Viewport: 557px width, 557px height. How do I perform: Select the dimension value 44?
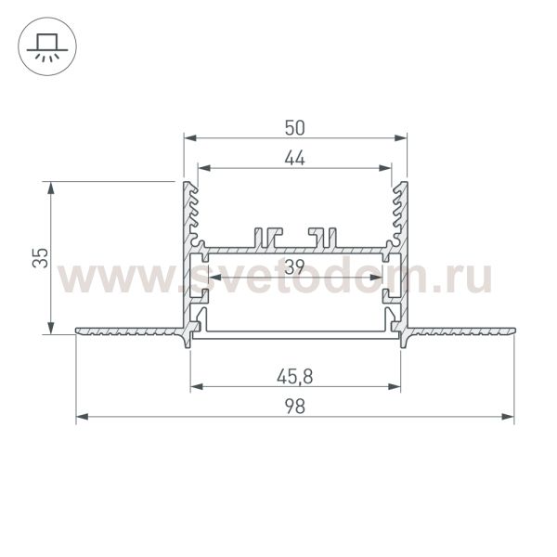point(295,158)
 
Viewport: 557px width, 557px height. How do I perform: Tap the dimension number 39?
point(295,267)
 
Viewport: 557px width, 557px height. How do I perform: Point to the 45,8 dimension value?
point(295,375)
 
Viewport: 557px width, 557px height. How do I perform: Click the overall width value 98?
point(295,406)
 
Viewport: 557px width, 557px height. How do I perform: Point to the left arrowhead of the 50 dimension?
point(189,138)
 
